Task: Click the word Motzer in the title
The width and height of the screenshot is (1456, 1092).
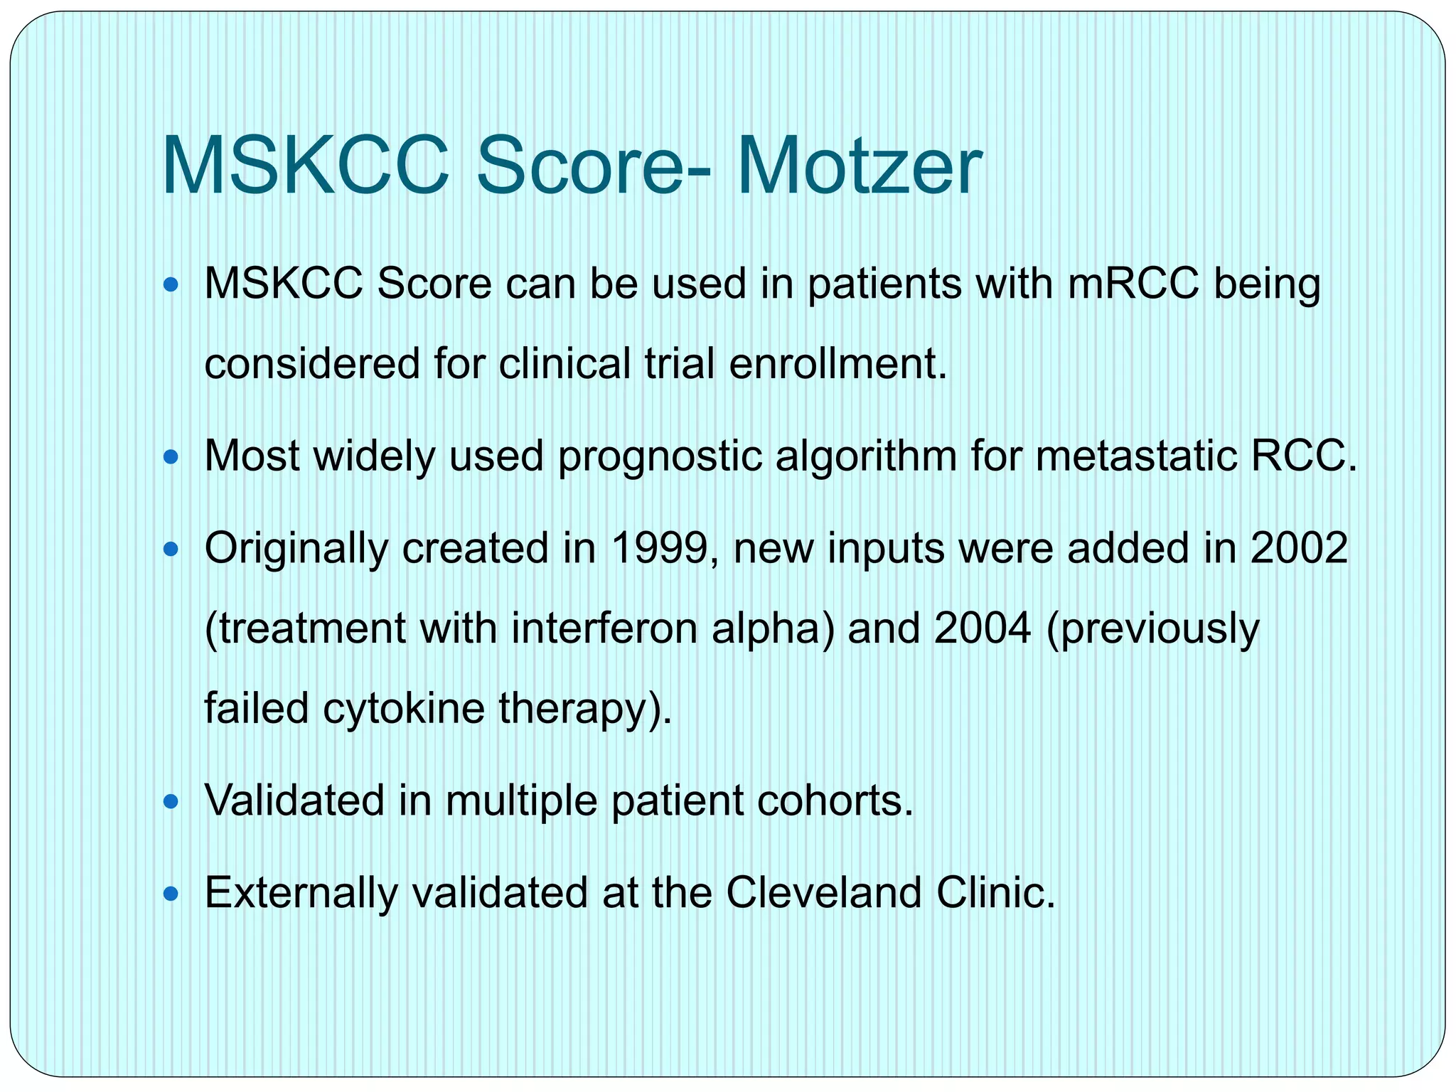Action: [859, 168]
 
